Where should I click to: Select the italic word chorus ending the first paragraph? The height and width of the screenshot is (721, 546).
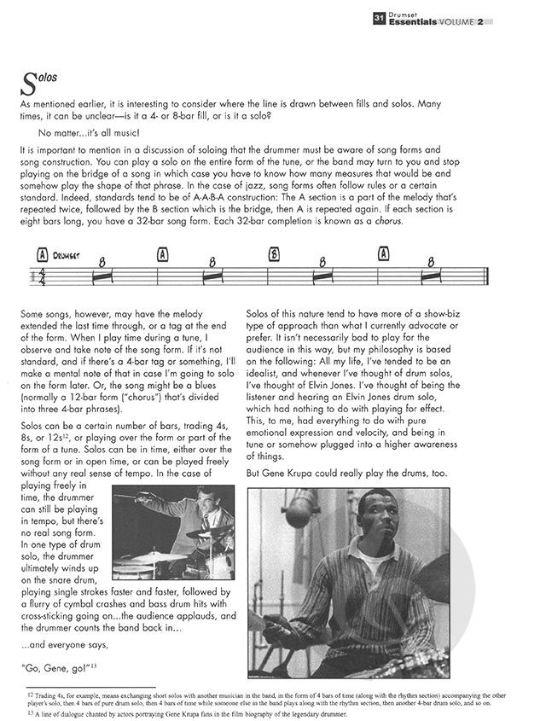pos(411,221)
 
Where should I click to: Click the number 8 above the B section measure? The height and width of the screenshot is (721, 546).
pos(322,262)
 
